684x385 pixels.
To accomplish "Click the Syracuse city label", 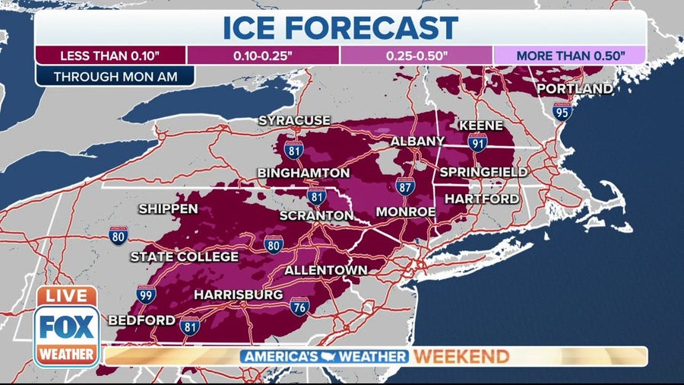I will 294,120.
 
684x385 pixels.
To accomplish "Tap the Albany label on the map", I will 417,142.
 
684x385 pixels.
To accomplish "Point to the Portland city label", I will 575,89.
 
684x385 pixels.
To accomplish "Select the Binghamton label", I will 303,173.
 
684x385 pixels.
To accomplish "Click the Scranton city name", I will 316,215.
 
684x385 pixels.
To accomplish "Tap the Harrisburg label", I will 238,294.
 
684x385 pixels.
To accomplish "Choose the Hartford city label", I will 482,199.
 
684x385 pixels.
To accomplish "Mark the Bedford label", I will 142,320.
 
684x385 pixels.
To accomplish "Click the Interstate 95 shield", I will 562,112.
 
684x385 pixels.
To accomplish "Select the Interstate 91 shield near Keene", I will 477,141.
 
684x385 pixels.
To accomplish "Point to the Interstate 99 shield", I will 147,295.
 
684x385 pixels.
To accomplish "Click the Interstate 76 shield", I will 299,307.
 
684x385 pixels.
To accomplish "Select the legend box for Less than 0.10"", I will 111,56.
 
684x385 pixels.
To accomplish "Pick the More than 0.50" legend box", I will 570,56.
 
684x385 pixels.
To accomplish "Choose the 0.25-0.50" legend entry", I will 416,56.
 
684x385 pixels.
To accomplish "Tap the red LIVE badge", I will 65,296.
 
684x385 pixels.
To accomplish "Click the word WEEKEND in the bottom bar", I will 461,356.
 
